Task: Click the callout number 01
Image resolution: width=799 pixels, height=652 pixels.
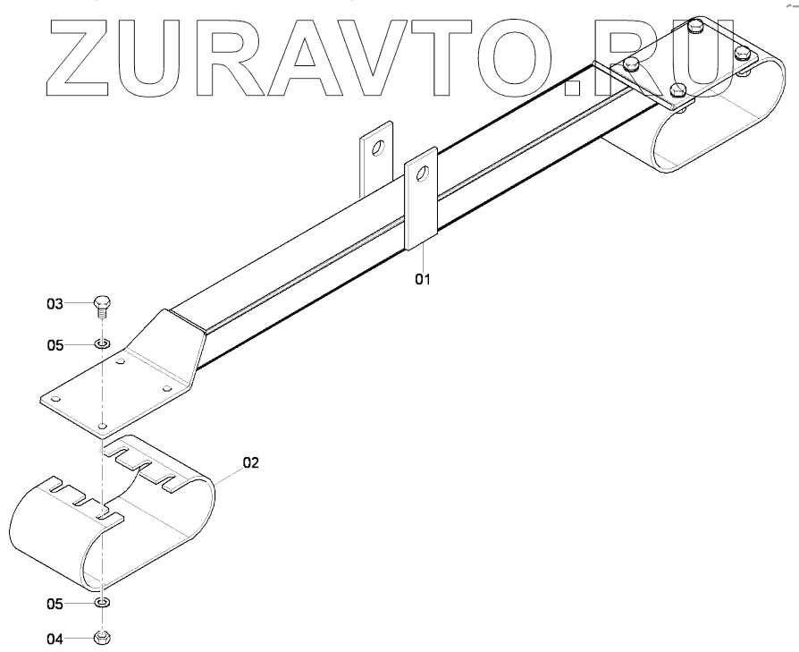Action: click(422, 279)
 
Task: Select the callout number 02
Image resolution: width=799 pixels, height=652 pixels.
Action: click(250, 462)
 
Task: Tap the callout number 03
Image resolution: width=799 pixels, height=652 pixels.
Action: click(55, 305)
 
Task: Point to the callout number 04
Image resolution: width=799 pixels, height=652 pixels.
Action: click(55, 639)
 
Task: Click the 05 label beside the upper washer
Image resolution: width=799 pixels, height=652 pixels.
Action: click(55, 343)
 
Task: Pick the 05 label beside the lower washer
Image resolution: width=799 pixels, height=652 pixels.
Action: click(55, 605)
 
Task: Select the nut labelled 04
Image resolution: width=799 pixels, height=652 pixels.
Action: click(102, 639)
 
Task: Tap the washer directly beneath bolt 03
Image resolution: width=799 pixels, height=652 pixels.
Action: click(102, 343)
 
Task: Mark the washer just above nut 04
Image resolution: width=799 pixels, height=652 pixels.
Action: click(102, 605)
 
